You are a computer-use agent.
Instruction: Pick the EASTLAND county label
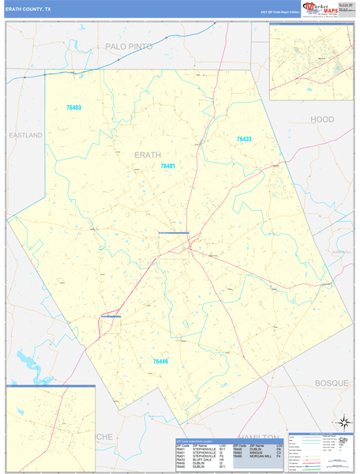click(25, 135)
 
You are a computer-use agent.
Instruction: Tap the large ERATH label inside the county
click(148, 154)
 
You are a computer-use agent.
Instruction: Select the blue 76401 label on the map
click(167, 166)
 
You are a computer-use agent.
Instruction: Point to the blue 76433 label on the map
click(244, 139)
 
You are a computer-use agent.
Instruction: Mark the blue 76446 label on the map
click(160, 361)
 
